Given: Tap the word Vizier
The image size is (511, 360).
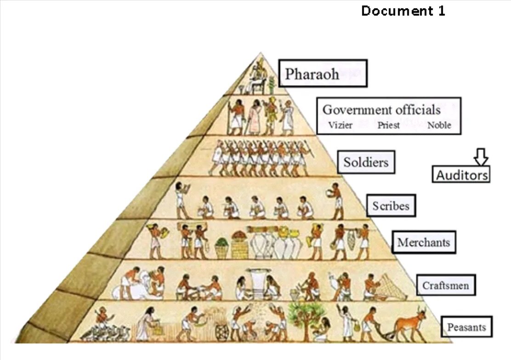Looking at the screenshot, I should [341, 125].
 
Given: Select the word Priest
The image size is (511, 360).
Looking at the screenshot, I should [389, 125].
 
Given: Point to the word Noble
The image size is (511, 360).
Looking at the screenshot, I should [439, 125].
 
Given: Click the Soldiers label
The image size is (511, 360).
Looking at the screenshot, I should [366, 162].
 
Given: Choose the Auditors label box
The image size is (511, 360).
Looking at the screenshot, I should [461, 174].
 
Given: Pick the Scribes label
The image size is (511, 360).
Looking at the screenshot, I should [391, 205].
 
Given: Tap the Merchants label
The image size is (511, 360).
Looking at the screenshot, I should [423, 242].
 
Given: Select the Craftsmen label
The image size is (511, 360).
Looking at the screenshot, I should [446, 286].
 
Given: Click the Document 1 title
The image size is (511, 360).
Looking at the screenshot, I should [403, 11].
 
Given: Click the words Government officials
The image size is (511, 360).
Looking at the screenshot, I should [381, 110].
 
